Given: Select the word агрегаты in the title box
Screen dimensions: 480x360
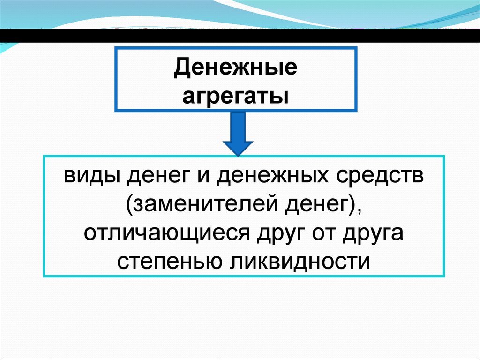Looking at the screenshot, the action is pos(235,96).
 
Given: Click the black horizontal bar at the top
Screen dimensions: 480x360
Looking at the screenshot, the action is pos(240,35).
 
